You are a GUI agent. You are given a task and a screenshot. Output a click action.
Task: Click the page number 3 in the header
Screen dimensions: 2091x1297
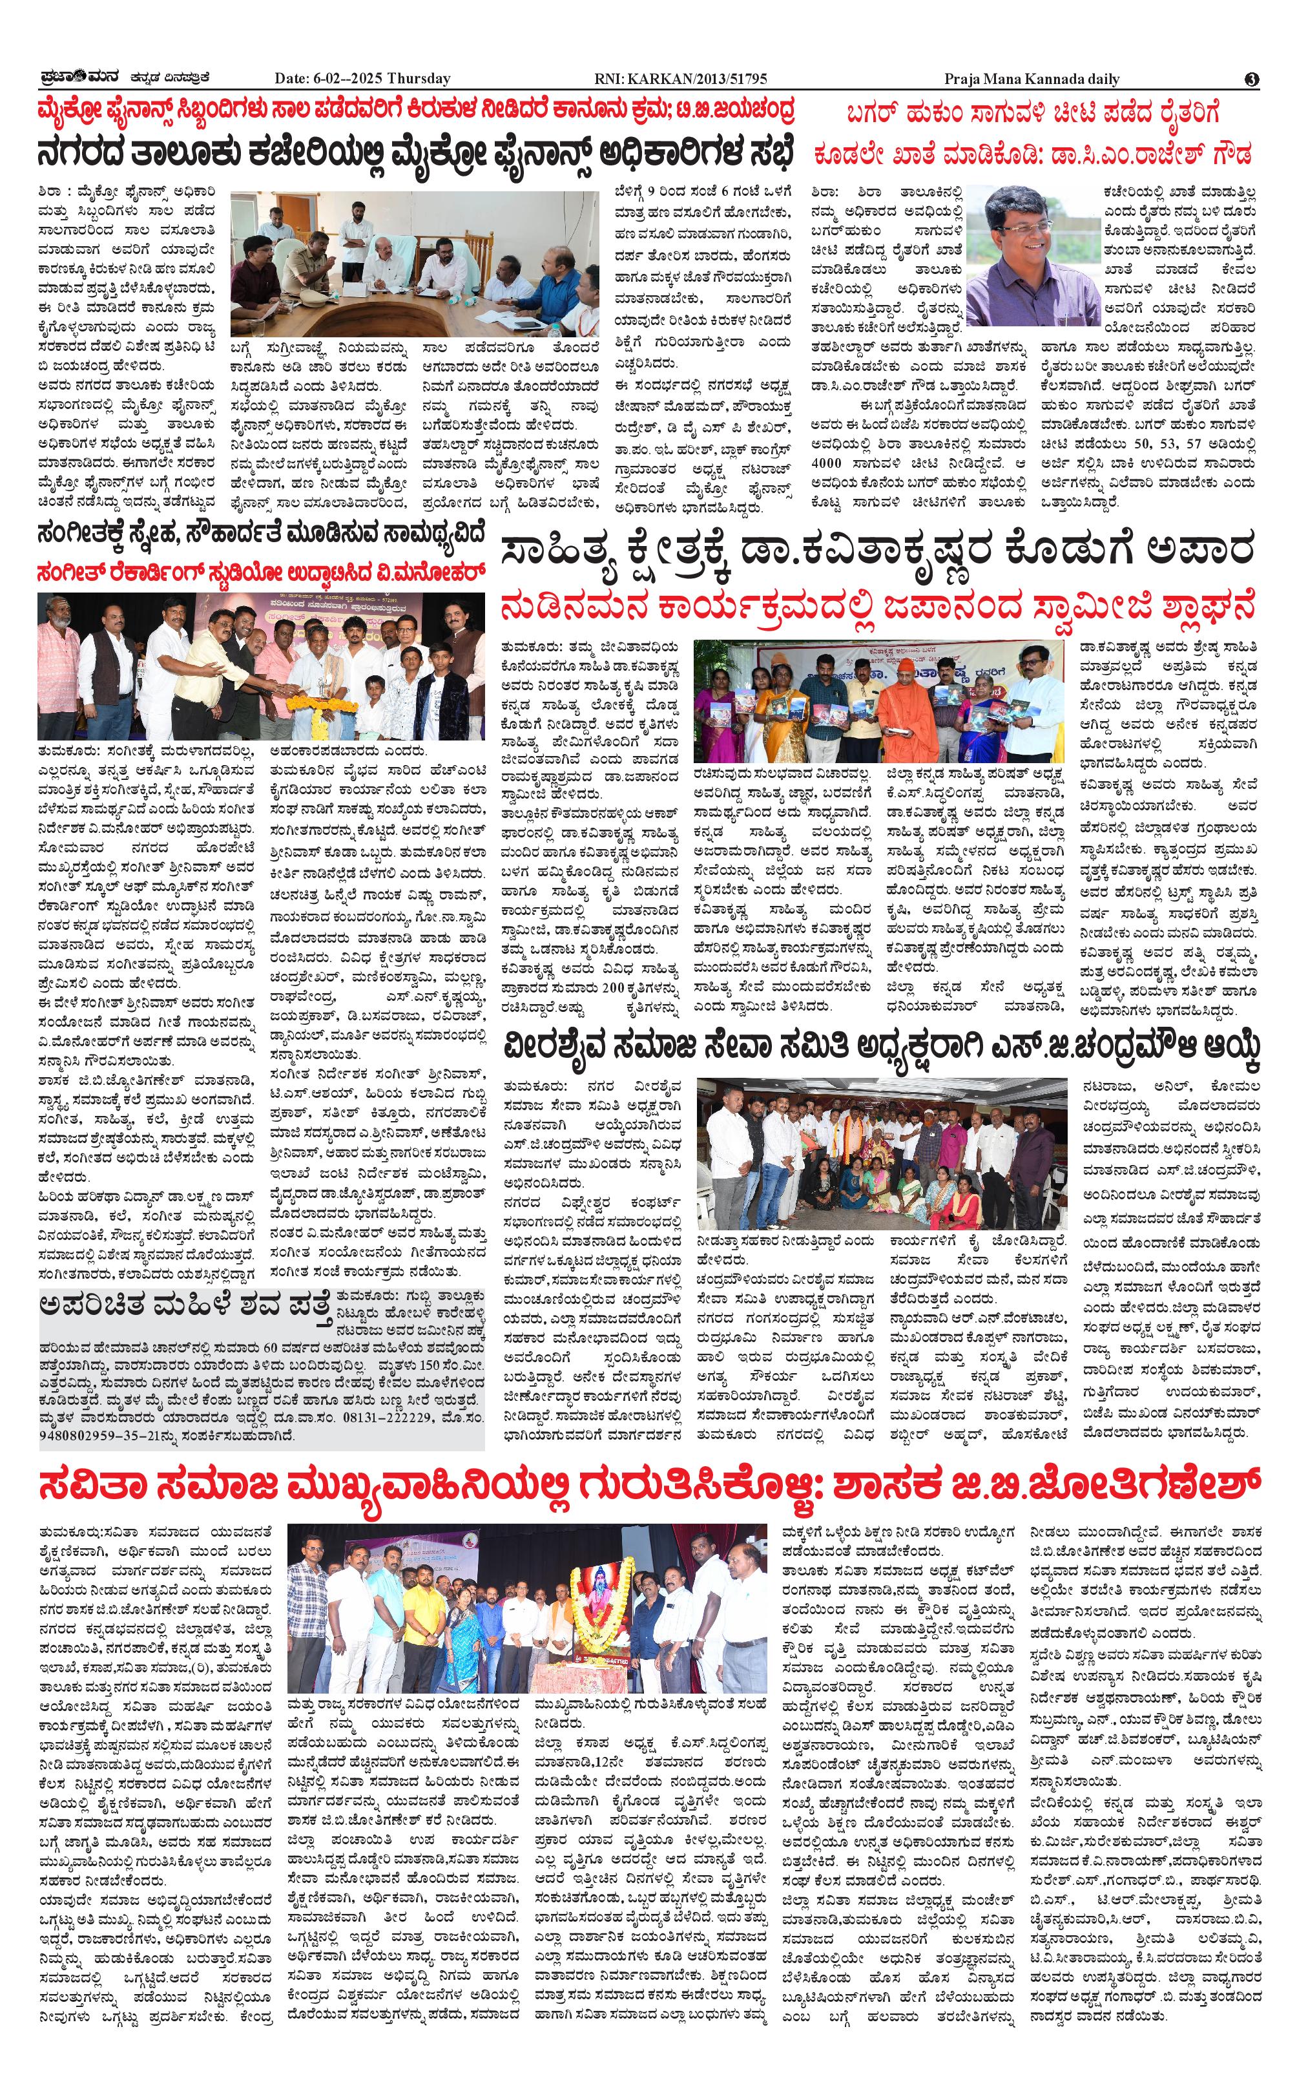point(1252,79)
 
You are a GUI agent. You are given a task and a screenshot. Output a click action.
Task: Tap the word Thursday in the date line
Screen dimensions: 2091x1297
point(418,79)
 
